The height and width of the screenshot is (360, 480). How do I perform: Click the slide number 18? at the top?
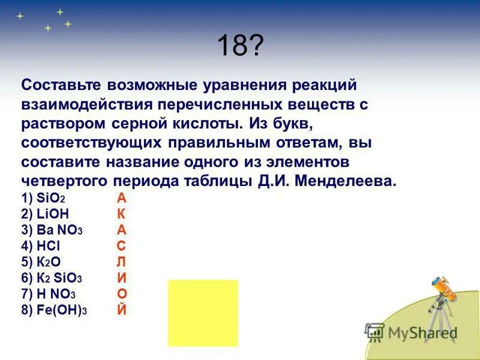239,46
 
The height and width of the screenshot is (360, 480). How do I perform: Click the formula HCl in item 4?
49,246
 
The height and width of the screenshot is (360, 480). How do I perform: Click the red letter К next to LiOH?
122,214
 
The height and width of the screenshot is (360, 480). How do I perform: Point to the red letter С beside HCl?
121,246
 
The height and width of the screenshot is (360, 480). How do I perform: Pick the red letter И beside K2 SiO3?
122,278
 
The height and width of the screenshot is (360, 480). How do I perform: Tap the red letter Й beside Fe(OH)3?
122,309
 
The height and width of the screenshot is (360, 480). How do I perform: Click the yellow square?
203,313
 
